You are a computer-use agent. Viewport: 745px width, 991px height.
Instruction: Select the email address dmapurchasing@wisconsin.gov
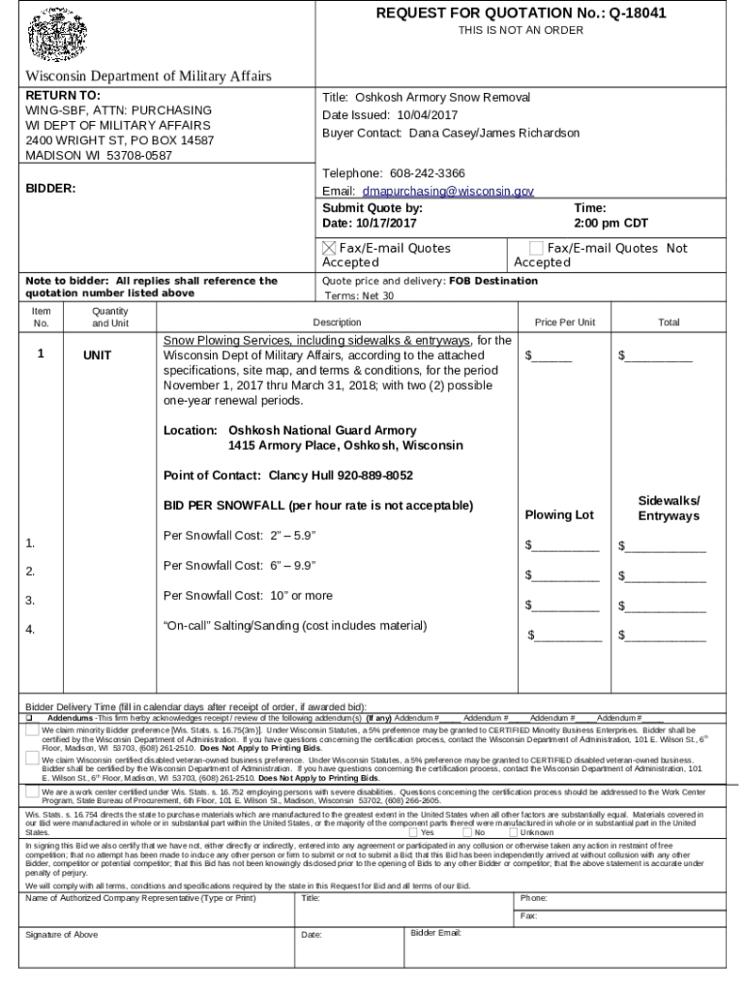click(x=441, y=192)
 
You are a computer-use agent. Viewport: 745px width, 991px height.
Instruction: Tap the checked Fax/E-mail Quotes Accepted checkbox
click(x=330, y=249)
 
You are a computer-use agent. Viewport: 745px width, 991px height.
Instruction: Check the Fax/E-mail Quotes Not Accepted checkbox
click(x=537, y=249)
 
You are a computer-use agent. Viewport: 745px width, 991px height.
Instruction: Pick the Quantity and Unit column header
click(x=110, y=317)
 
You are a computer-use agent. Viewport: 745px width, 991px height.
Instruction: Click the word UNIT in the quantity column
click(x=97, y=356)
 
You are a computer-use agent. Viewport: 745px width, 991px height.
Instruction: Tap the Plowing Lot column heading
click(x=559, y=515)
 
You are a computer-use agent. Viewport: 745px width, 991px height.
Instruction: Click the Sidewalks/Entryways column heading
click(x=669, y=508)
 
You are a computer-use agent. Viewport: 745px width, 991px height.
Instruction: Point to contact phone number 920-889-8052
click(x=373, y=475)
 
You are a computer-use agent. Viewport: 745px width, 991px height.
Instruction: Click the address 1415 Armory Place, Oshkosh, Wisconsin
click(x=345, y=446)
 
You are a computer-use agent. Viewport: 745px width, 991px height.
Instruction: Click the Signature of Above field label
click(x=62, y=935)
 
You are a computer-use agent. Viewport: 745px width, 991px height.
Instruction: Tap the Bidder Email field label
click(x=436, y=933)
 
